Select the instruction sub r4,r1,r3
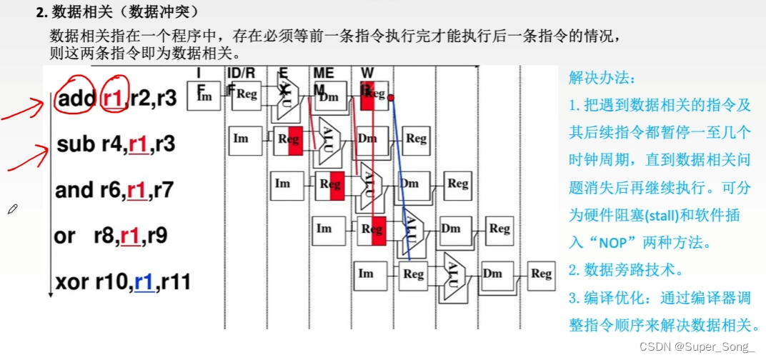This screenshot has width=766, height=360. [116, 145]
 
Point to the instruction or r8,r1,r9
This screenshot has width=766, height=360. [111, 234]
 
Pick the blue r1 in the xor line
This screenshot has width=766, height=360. [145, 281]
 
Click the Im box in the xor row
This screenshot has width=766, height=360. [366, 274]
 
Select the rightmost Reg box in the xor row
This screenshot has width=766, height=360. [541, 274]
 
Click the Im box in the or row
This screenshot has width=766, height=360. [324, 229]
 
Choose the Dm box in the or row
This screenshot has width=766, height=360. [451, 229]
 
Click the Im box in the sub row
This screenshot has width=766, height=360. [241, 139]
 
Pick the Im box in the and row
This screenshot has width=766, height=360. [283, 184]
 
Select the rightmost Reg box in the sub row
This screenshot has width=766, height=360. [416, 139]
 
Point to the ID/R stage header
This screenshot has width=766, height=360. [241, 72]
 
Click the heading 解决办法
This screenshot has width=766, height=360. [592, 77]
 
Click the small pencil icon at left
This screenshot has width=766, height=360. [13, 209]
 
